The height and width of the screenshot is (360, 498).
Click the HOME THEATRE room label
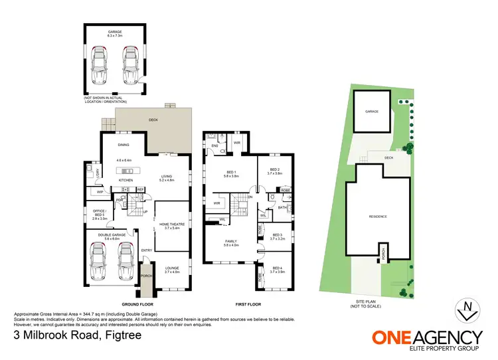pos(171,223)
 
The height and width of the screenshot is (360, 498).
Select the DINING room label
pos(124,144)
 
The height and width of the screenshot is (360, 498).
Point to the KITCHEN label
pos(126,180)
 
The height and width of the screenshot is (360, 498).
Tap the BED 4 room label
pos(277,267)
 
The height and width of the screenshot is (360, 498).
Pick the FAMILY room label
pos(231,241)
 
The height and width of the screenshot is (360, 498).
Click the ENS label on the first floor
pos(214,145)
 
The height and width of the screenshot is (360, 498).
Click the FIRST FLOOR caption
pos(247,305)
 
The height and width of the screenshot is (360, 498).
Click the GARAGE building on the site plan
pos(372,112)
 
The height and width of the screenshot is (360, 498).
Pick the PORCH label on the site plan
pos(382,252)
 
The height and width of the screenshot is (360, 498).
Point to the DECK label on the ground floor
pos(153,120)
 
